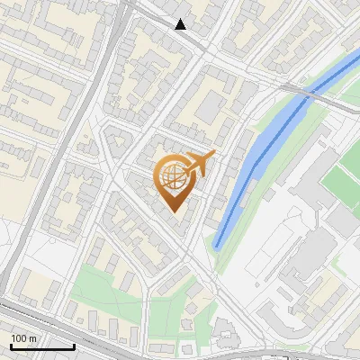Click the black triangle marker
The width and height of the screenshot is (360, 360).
(x=181, y=24)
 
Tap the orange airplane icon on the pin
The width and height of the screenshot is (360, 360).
(x=199, y=164)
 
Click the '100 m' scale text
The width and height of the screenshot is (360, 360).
(x=24, y=338)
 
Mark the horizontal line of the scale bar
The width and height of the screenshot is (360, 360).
(x=42, y=346)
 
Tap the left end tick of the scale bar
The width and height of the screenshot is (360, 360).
(x=11, y=345)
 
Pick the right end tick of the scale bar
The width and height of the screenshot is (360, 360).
(x=74, y=345)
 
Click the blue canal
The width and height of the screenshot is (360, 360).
(x=261, y=153)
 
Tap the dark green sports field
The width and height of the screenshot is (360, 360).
(x=342, y=175)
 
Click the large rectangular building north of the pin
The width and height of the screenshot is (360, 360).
(x=209, y=108)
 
